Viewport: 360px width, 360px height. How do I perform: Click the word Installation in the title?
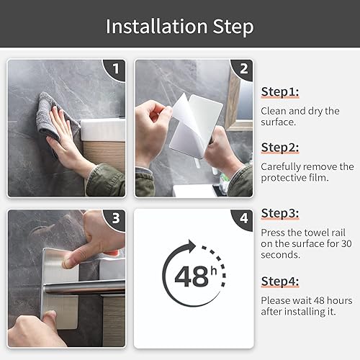(156, 26)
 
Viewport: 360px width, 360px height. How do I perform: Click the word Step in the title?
(233, 27)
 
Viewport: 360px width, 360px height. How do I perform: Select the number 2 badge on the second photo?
(243, 69)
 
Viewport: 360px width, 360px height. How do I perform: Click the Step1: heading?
(280, 92)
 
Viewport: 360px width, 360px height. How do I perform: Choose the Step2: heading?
(280, 148)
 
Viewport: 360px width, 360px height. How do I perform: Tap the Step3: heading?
(280, 214)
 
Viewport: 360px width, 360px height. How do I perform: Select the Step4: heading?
(280, 282)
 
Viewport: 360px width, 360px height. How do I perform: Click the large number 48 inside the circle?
(192, 276)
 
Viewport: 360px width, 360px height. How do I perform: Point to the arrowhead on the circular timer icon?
(192, 246)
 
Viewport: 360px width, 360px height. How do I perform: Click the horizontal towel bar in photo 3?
(84, 287)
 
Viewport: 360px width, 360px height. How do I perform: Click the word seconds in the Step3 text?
(280, 255)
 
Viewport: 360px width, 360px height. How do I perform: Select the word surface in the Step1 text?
(279, 122)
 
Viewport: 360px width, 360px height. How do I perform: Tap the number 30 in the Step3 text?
(346, 244)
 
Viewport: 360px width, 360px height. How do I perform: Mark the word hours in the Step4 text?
(340, 300)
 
